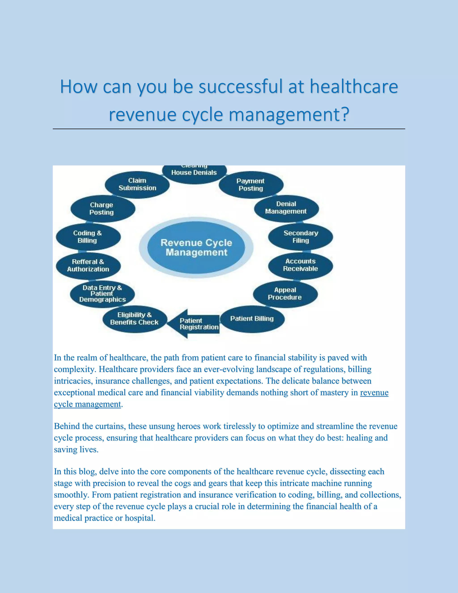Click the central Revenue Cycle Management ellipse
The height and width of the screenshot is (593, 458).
[196, 247]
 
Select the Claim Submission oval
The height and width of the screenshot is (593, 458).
[137, 184]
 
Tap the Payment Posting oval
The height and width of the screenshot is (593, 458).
[251, 185]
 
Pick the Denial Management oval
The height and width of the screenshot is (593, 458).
[286, 208]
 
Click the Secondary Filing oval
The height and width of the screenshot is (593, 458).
[301, 237]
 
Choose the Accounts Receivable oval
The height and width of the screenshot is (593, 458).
[300, 265]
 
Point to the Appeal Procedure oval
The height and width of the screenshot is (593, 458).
[285, 294]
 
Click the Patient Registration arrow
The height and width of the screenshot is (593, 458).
[195, 324]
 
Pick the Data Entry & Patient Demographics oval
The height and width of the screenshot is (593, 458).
[102, 294]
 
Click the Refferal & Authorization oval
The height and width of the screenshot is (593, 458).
[88, 266]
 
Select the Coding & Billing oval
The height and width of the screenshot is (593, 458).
[88, 237]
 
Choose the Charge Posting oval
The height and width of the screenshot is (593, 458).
[102, 209]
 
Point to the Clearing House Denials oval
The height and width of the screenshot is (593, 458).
[194, 173]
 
